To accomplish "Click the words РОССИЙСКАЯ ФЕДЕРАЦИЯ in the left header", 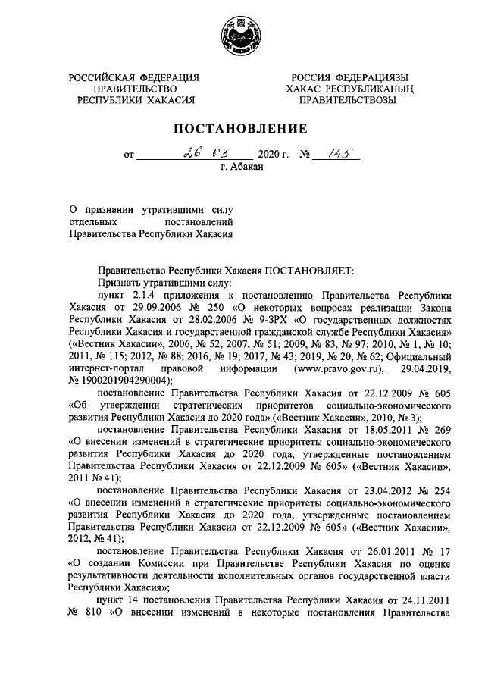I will pyautogui.click(x=135, y=77).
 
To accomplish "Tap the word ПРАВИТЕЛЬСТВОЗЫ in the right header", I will pyautogui.click(x=348, y=99).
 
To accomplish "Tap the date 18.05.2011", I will pyautogui.click(x=371, y=429).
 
